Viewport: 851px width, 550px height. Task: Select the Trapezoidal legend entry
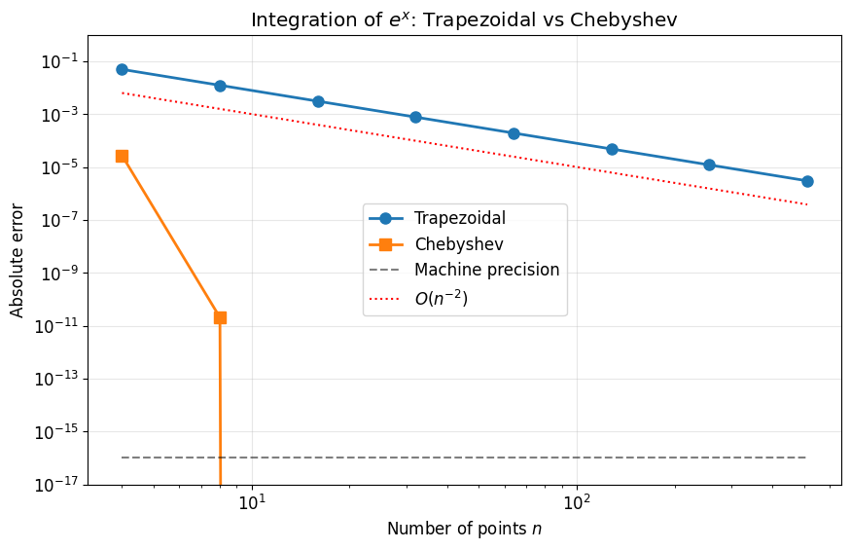pos(459,218)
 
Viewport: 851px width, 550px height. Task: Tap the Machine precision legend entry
pos(486,271)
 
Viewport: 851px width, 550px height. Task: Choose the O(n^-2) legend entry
pos(441,299)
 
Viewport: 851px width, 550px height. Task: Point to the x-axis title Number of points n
pos(464,530)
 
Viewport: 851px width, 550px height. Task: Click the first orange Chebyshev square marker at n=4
pos(122,156)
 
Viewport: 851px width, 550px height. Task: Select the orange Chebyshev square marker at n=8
pos(220,317)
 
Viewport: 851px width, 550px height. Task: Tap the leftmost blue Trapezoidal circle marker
pos(122,69)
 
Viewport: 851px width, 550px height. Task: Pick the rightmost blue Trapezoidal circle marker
pos(807,181)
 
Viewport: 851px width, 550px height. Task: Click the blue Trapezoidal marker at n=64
pos(514,133)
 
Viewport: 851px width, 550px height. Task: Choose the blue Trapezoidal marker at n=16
pos(318,101)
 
